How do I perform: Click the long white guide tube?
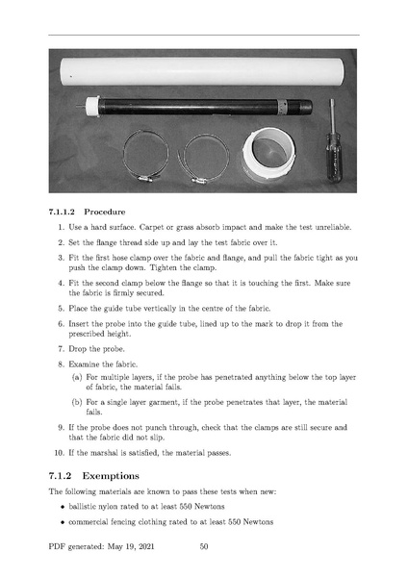203,72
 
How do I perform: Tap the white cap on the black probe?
92,107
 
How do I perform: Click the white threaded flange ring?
268,155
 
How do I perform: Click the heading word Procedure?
105,212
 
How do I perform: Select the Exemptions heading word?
111,476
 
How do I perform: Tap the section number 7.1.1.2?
62,212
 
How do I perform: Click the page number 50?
204,546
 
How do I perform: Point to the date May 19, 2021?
131,546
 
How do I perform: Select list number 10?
59,453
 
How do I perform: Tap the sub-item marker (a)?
77,377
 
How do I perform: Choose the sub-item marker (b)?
77,402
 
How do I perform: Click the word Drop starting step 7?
75,349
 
